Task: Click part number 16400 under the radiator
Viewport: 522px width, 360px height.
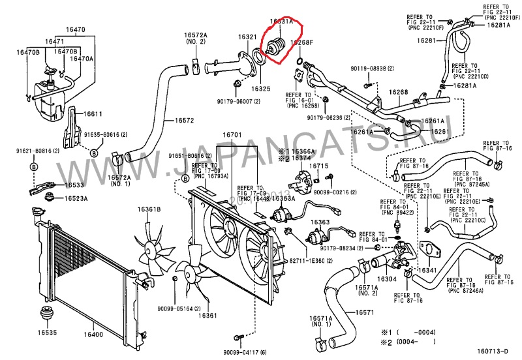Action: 93,335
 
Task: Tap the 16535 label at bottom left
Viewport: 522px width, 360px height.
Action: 46,333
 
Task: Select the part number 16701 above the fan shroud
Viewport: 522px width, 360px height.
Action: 232,136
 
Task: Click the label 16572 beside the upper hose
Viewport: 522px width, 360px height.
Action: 184,121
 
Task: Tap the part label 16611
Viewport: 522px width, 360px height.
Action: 93,114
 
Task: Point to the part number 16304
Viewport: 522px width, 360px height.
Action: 386,279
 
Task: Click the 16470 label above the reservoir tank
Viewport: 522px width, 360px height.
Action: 75,30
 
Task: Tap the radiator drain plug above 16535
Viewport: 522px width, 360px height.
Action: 47,314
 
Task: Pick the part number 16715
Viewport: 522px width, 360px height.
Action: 318,166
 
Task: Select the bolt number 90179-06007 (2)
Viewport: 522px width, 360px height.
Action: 239,102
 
